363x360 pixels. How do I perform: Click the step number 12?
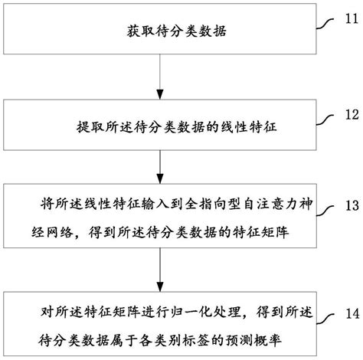click(x=348, y=115)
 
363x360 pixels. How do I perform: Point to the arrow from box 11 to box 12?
click(x=159, y=80)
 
